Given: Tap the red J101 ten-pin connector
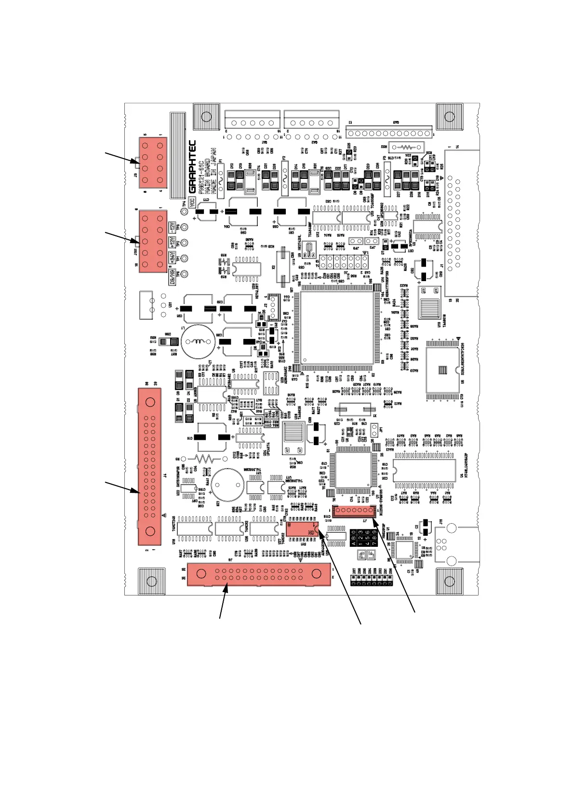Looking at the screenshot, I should (x=153, y=241).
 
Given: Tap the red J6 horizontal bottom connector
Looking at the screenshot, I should (x=259, y=574).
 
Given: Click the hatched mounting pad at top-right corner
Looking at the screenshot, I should (x=449, y=116).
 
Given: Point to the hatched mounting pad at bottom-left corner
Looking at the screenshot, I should (x=151, y=581).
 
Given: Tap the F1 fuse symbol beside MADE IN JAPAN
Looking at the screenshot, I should (x=221, y=180).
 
